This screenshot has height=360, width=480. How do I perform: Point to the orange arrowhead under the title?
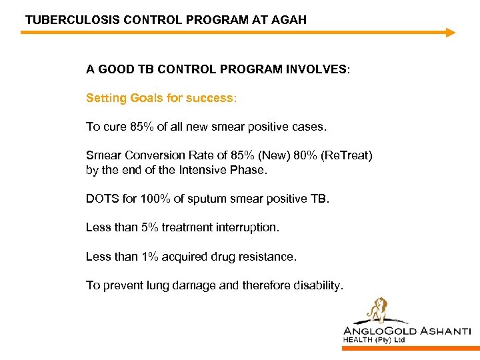(x=450, y=32)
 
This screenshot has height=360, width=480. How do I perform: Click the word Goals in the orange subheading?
(x=145, y=98)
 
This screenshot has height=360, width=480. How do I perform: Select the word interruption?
(x=247, y=227)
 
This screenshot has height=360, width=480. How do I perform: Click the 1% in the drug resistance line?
(x=147, y=256)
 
